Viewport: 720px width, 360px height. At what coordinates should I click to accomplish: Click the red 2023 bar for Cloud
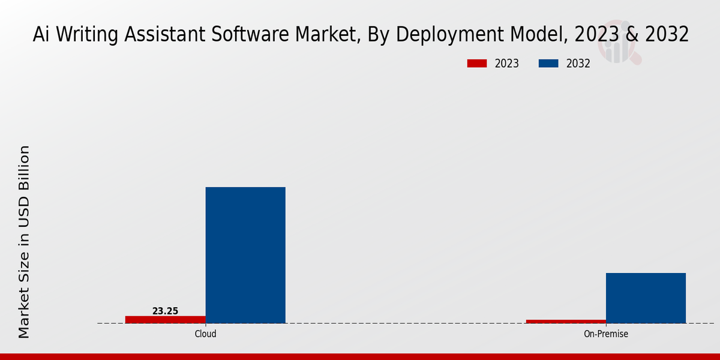pyautogui.click(x=165, y=319)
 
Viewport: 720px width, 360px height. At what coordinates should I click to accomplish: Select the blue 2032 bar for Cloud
pyautogui.click(x=245, y=255)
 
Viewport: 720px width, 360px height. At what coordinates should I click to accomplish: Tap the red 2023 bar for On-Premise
pyautogui.click(x=566, y=321)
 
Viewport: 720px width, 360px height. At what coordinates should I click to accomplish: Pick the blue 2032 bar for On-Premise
pyautogui.click(x=646, y=298)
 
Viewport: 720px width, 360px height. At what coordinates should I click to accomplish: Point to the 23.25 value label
pyautogui.click(x=165, y=311)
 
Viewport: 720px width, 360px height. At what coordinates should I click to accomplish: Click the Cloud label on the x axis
pyautogui.click(x=205, y=334)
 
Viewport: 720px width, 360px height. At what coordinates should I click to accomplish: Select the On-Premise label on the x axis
pyautogui.click(x=606, y=334)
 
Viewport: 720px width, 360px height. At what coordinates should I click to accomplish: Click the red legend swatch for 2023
pyautogui.click(x=478, y=64)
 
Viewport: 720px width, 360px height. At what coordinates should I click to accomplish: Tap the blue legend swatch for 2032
pyautogui.click(x=549, y=64)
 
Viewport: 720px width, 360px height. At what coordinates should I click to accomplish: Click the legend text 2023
pyautogui.click(x=506, y=64)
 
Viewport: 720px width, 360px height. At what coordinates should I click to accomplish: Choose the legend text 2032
pyautogui.click(x=578, y=64)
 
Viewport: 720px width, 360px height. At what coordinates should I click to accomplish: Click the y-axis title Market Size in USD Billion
pyautogui.click(x=24, y=241)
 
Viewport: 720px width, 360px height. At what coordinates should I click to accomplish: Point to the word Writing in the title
pyautogui.click(x=86, y=35)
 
